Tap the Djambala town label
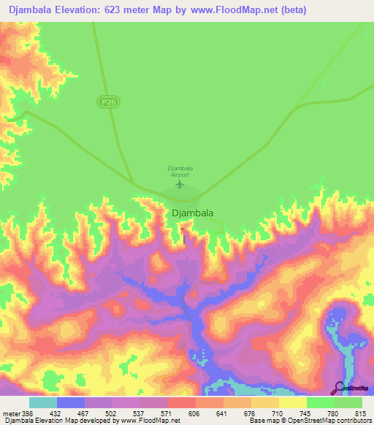(x=193, y=213)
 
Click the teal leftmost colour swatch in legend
(x=43, y=402)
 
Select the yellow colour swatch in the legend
(x=293, y=402)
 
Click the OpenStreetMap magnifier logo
(x=338, y=388)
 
